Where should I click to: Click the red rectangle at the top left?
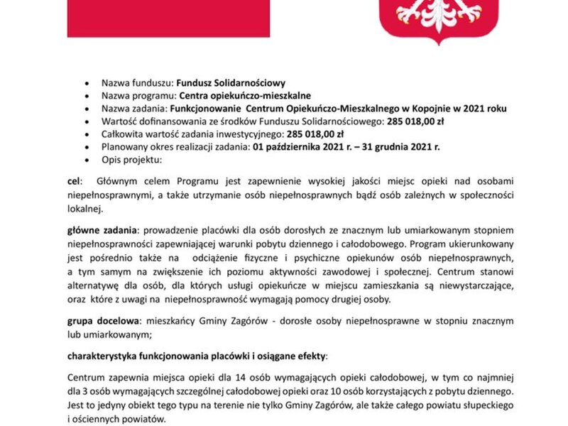[168, 18]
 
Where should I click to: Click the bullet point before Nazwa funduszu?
[87, 82]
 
